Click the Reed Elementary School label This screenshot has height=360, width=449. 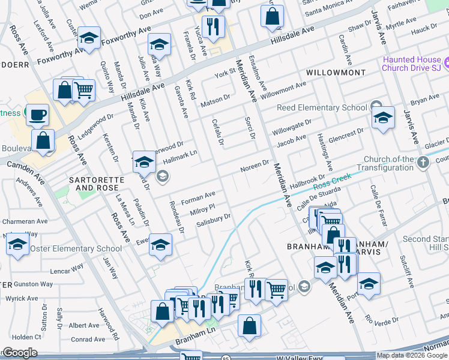[322, 108]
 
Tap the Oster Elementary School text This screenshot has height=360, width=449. [76, 248]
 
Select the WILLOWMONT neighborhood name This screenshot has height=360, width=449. [336, 73]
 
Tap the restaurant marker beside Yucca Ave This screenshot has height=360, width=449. [213, 26]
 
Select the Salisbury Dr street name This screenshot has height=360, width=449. [213, 220]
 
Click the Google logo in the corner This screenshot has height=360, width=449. [19, 353]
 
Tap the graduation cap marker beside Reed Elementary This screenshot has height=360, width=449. [382, 118]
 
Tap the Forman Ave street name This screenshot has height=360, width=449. [198, 197]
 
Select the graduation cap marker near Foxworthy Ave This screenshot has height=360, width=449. [89, 39]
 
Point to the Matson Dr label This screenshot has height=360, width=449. [215, 99]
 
